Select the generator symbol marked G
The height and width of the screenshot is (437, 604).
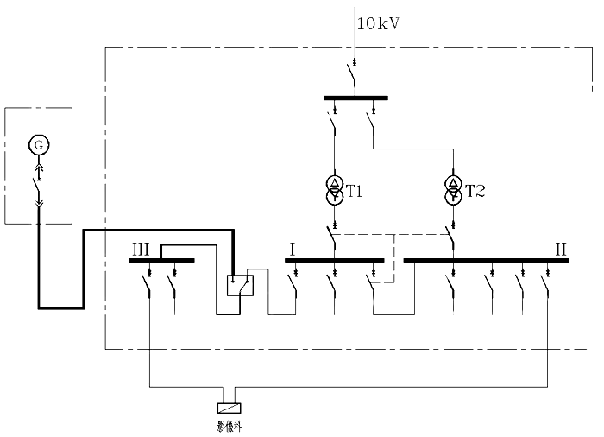coord(38,144)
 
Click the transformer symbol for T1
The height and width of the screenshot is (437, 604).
coord(334,190)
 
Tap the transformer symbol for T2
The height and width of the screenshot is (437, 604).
coord(452,190)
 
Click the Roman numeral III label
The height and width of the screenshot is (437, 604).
coord(142,249)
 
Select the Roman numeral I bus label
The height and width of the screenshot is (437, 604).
coord(293,249)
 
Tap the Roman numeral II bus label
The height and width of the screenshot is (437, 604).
coord(561,249)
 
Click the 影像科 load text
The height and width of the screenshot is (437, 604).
coord(229,425)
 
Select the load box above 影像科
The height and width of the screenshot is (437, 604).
coord(229,408)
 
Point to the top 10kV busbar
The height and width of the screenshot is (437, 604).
coord(355,98)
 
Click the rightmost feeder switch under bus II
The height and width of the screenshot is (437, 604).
coord(547,282)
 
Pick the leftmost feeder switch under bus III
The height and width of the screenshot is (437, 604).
coord(149,282)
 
